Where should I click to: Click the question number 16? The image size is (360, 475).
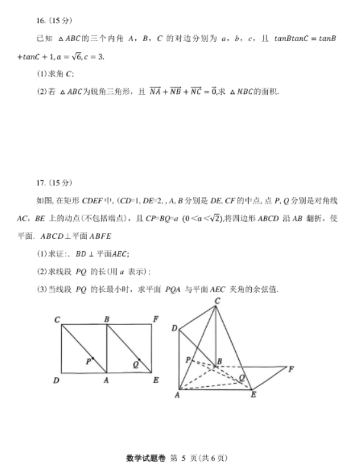43,21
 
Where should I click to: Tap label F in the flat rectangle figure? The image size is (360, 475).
155,319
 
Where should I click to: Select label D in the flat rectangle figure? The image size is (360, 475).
58,380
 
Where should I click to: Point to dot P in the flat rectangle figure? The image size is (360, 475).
93,359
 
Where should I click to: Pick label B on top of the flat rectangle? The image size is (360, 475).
106,319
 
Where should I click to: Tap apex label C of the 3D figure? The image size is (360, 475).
217,301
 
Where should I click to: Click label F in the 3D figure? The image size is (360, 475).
291,369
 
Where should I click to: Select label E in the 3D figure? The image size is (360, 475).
254,393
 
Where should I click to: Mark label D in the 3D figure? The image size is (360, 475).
174,329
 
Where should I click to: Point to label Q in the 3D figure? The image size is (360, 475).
241,377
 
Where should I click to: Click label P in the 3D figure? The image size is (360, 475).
188,359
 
